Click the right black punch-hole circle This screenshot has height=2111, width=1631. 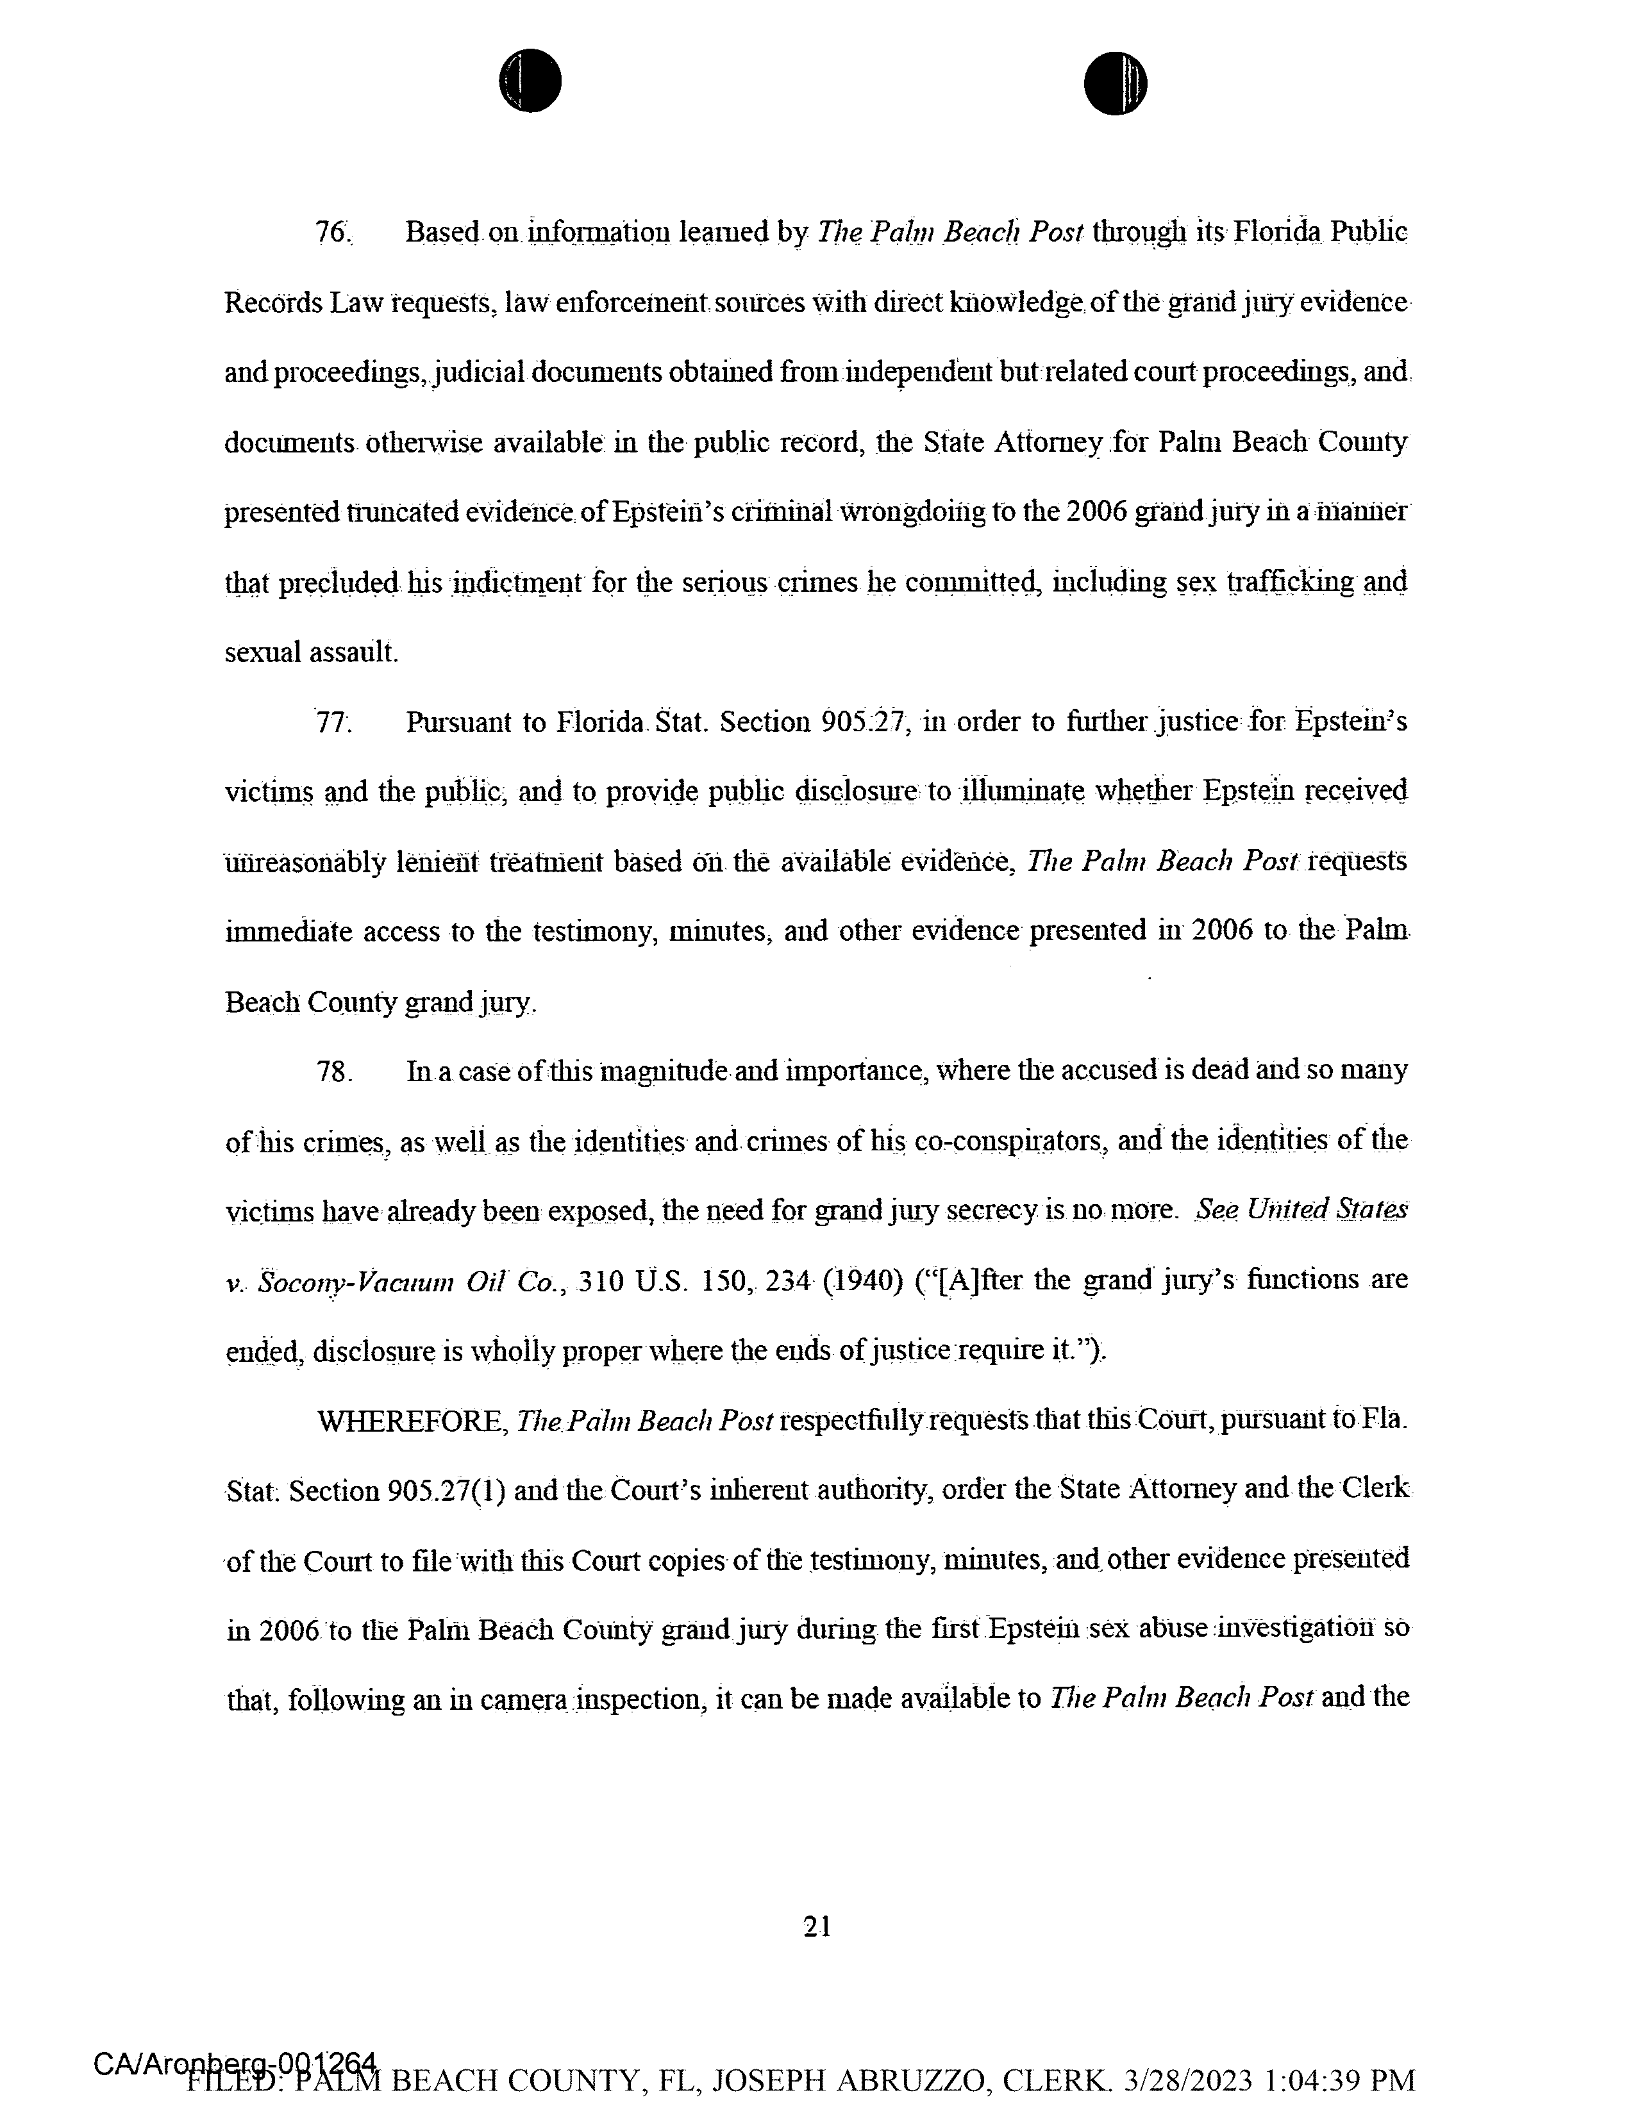[1115, 83]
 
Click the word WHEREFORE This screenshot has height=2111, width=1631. [413, 1421]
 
